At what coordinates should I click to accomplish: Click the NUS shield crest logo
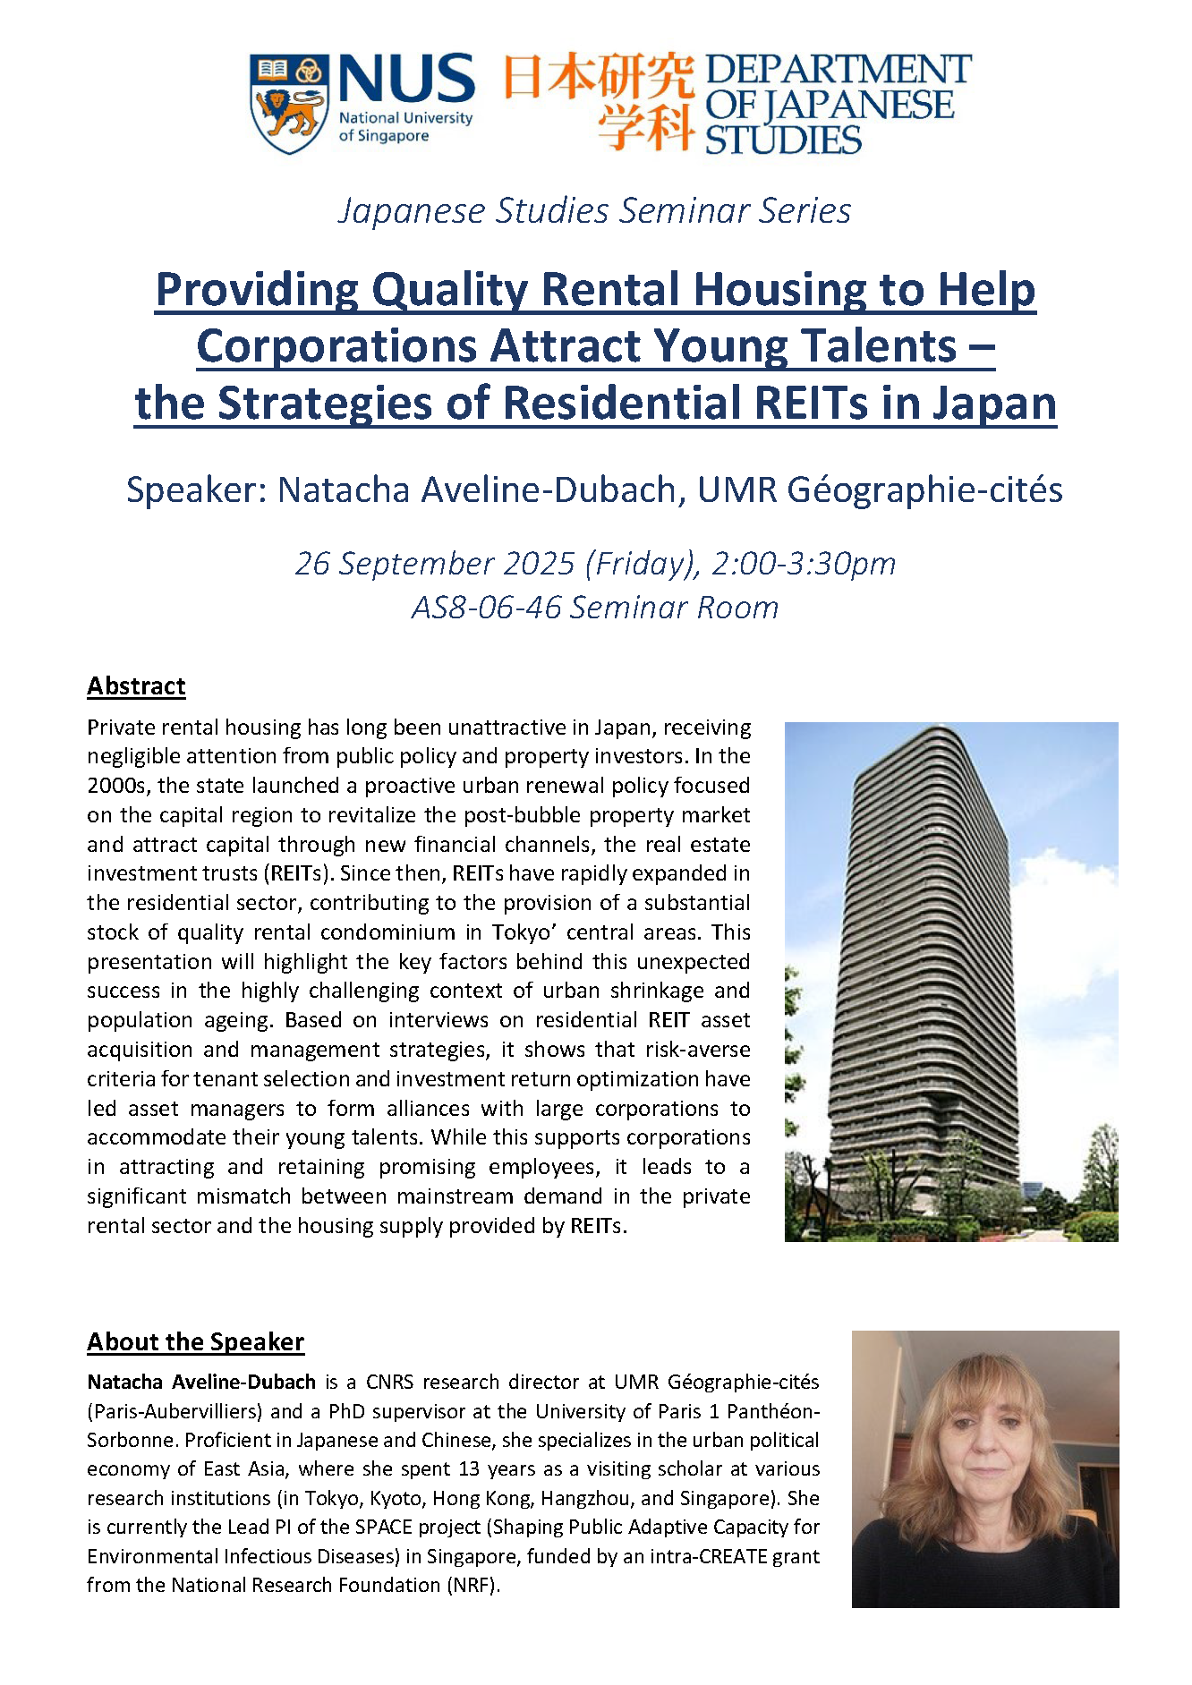[288, 103]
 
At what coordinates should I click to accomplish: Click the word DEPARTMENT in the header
[838, 69]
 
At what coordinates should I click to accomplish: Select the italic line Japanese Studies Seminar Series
[594, 211]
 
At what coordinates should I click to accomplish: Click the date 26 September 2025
[435, 564]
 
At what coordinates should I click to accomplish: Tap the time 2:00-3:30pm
[804, 564]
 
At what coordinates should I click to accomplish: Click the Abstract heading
[136, 686]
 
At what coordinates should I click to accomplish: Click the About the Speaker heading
[195, 1342]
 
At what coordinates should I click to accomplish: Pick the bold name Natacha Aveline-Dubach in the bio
[201, 1383]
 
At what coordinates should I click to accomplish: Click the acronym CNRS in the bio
[389, 1383]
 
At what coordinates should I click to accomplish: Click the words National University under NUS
[405, 118]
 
